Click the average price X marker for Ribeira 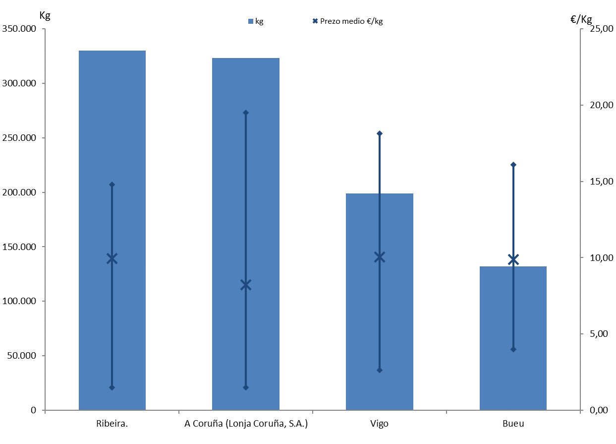112,258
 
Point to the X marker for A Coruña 246,285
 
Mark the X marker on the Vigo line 380,257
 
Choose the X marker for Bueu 513,259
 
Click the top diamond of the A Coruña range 246,113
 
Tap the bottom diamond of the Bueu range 513,349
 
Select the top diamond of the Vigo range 380,133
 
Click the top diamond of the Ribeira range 112,185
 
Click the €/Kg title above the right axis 581,19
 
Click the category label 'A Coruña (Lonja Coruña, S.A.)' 246,424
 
